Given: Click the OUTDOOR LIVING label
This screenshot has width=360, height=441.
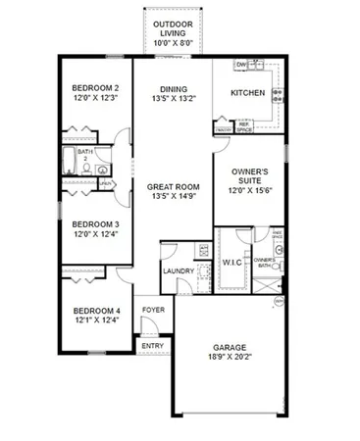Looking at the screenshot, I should click(174, 26).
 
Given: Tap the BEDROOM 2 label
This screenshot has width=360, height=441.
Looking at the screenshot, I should click(95, 88).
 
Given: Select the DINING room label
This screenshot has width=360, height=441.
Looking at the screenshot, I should click(174, 88).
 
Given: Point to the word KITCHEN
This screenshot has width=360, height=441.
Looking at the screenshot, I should click(248, 93).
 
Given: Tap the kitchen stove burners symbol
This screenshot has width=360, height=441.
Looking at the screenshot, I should click(279, 95).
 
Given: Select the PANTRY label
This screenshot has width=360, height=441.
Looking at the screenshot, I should click(224, 128).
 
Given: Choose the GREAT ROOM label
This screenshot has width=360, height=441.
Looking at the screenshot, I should click(174, 186).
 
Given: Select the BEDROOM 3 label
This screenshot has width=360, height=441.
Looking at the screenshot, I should click(95, 222).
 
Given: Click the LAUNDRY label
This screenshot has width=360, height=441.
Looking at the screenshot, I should click(178, 271).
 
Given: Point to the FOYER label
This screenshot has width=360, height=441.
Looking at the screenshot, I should click(153, 310).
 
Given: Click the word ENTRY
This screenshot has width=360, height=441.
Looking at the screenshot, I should click(153, 345).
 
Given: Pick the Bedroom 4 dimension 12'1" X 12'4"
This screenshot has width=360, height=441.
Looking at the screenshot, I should click(95, 319).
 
